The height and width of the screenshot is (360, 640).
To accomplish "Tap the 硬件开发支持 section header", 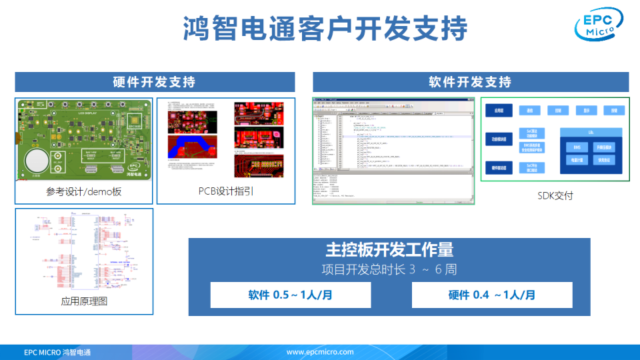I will (155, 82).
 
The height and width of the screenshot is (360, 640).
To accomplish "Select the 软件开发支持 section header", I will (470, 82).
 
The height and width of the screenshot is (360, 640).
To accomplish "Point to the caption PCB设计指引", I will (225, 192).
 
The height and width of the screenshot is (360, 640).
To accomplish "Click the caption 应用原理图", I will (84, 301).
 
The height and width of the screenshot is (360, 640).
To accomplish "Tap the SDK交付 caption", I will (555, 195).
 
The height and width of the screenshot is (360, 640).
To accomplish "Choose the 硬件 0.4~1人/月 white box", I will (492, 295).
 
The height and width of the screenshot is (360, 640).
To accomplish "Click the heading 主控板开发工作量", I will (389, 250).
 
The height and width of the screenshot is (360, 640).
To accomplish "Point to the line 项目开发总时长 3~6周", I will (389, 269).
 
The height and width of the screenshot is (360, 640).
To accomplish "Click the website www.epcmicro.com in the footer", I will (320, 352).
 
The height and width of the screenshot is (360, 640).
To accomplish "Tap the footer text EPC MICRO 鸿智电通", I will (57, 352).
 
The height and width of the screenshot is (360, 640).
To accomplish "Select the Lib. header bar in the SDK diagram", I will (591, 133).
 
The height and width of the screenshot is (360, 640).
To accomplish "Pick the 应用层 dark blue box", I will (498, 111).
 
